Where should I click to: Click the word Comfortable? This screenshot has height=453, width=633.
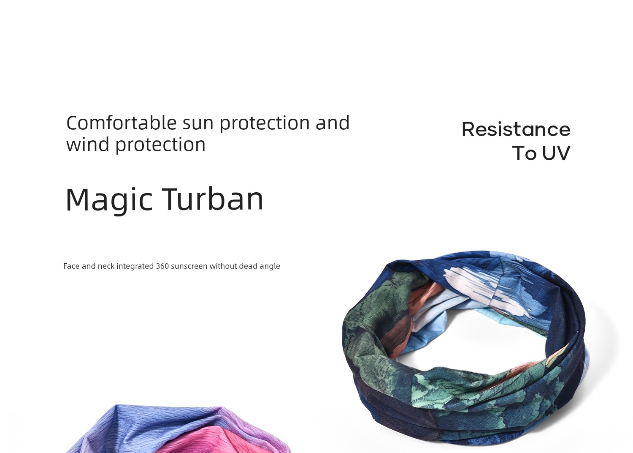coord(122,123)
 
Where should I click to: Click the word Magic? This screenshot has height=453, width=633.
coord(109,200)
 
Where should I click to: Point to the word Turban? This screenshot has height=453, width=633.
coord(213,199)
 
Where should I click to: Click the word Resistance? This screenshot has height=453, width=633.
coord(516,130)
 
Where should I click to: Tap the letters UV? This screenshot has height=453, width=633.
coord(556,153)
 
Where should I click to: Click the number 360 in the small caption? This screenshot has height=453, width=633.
coord(162,266)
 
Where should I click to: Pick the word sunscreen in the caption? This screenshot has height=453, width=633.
coord(189,266)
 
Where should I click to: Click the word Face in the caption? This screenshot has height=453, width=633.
coord(71,266)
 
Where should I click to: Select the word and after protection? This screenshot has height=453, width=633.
coord(333,123)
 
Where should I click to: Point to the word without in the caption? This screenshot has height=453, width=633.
coord(223,266)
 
